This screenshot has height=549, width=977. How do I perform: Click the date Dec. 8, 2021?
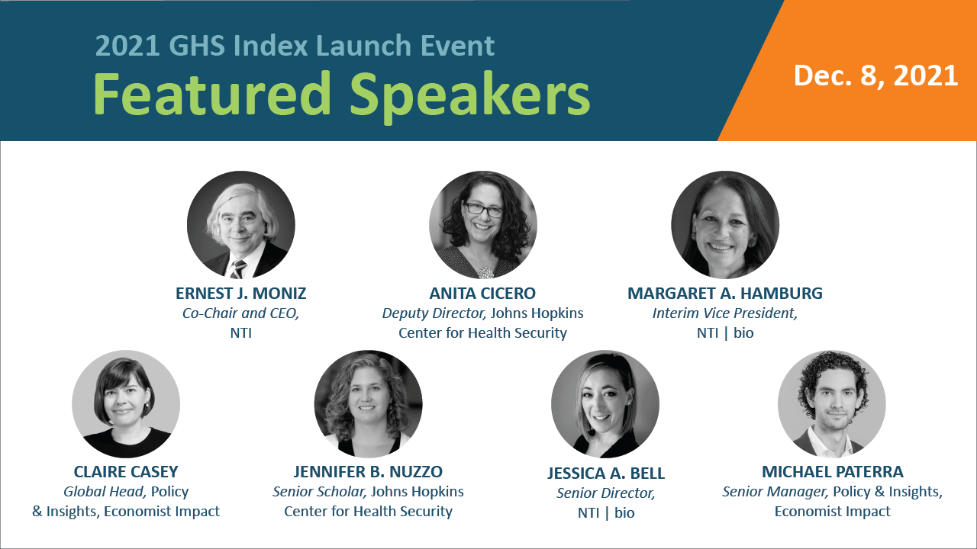point(875,75)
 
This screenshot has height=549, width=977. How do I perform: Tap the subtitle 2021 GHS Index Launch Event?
point(295,46)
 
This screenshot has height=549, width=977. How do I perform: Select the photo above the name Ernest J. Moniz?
point(241,225)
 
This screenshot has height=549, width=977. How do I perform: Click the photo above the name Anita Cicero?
point(483,225)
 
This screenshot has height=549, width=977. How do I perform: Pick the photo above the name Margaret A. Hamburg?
point(725,225)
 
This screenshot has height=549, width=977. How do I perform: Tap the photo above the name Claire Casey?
point(126,404)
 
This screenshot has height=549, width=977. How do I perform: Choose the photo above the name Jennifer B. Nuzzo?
point(368,404)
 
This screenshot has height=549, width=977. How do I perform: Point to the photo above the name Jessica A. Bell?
point(605,404)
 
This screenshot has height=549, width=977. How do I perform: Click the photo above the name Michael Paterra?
point(832,404)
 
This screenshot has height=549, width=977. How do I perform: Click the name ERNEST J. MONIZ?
point(241,294)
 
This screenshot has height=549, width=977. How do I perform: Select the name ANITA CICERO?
point(482,294)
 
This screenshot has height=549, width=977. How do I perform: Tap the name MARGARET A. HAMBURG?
point(725,294)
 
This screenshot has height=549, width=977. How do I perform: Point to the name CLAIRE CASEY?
point(126,472)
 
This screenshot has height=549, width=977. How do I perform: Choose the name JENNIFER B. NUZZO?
point(368,472)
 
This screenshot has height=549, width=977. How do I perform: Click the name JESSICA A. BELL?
point(606,474)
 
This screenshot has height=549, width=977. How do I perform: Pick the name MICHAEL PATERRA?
point(832,472)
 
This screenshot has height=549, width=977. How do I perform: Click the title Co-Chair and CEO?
point(240,313)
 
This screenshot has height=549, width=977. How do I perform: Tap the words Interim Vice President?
point(724,313)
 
